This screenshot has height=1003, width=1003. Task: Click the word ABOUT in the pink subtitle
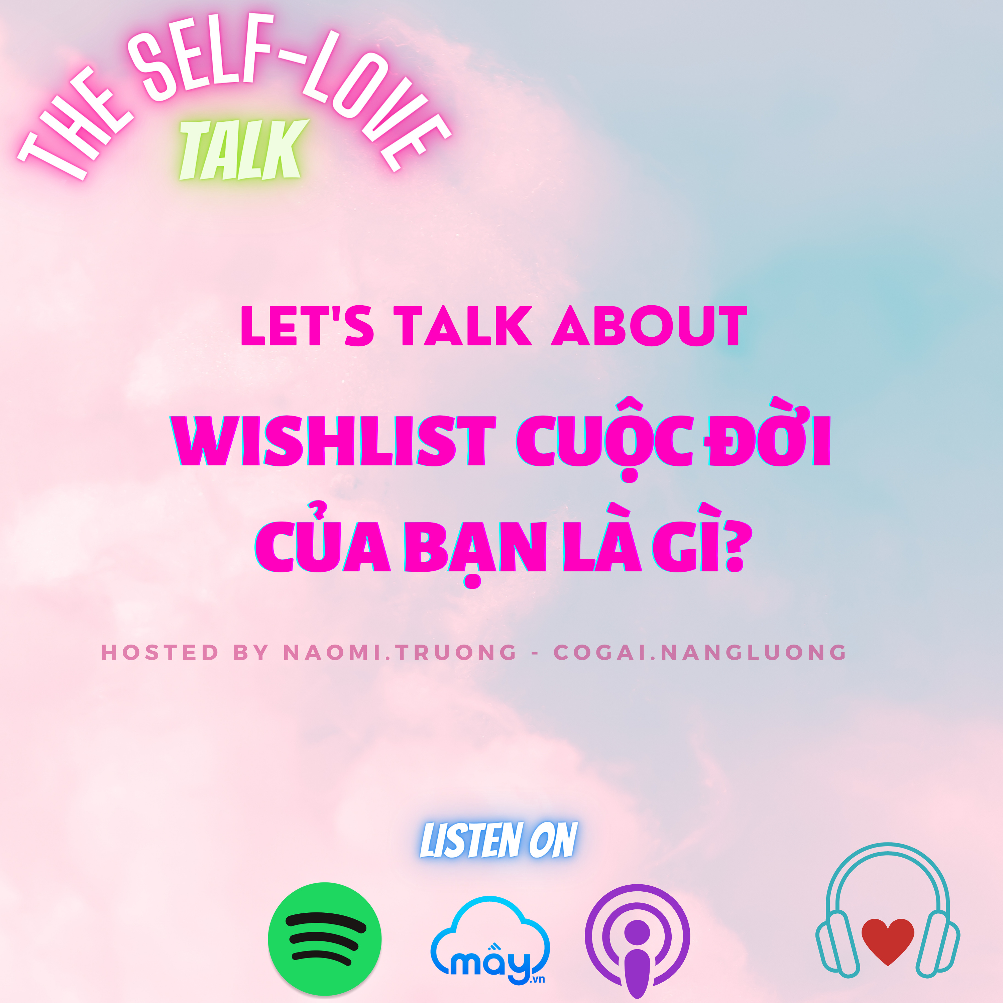coord(649,326)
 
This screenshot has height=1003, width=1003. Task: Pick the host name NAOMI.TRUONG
coord(400,653)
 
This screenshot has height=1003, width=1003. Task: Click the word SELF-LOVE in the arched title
coord(291,78)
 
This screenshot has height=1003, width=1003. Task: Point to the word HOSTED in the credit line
coord(160,653)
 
